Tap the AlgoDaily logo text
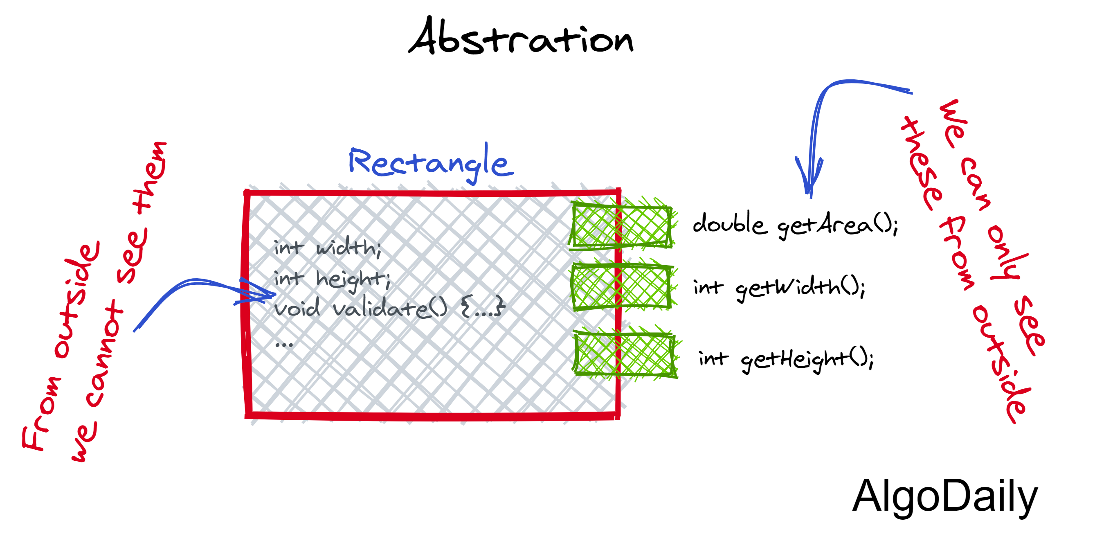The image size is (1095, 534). [x=944, y=497]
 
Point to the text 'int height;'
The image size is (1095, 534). [x=332, y=279]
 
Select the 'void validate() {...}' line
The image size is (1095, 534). [x=389, y=308]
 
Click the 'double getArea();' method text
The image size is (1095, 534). [x=795, y=225]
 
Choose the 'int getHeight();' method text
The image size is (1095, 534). [x=787, y=359]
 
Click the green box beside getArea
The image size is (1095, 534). [x=621, y=226]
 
